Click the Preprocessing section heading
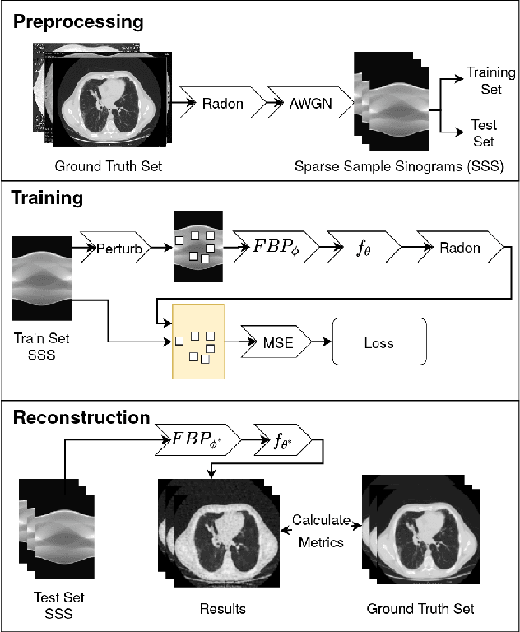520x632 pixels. (x=77, y=21)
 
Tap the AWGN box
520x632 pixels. (x=310, y=103)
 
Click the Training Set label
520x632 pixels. (x=490, y=80)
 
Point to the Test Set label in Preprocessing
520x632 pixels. (x=483, y=131)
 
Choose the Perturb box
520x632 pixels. (x=118, y=247)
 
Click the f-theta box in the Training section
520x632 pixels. (x=363, y=247)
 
